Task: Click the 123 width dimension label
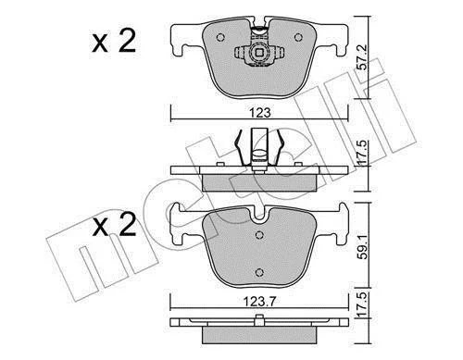pos(260,113)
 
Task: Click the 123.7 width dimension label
pos(259,301)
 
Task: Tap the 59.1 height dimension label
pos(363,247)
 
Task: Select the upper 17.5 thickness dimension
pos(363,152)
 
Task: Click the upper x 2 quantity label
pos(114,42)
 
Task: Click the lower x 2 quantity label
pos(114,225)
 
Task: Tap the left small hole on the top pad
pos(220,37)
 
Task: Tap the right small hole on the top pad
pos(298,37)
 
